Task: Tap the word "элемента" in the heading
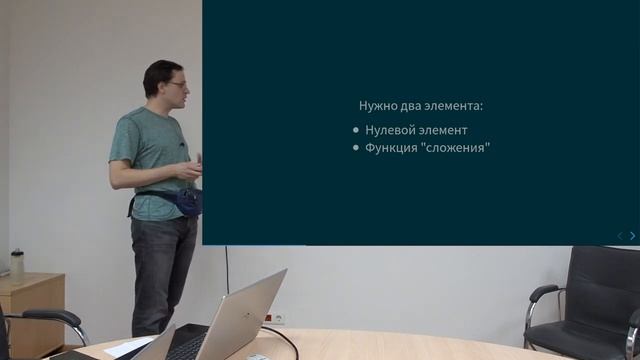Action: click(456, 105)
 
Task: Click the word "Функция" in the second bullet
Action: click(392, 148)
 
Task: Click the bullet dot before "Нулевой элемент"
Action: click(357, 131)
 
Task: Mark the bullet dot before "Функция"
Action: click(357, 149)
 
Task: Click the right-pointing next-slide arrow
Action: click(632, 236)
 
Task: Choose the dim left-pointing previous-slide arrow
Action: click(619, 236)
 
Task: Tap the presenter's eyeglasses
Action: click(177, 85)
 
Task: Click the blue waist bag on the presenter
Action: click(185, 202)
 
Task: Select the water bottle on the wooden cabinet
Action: click(17, 265)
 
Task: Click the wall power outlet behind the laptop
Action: click(272, 318)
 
